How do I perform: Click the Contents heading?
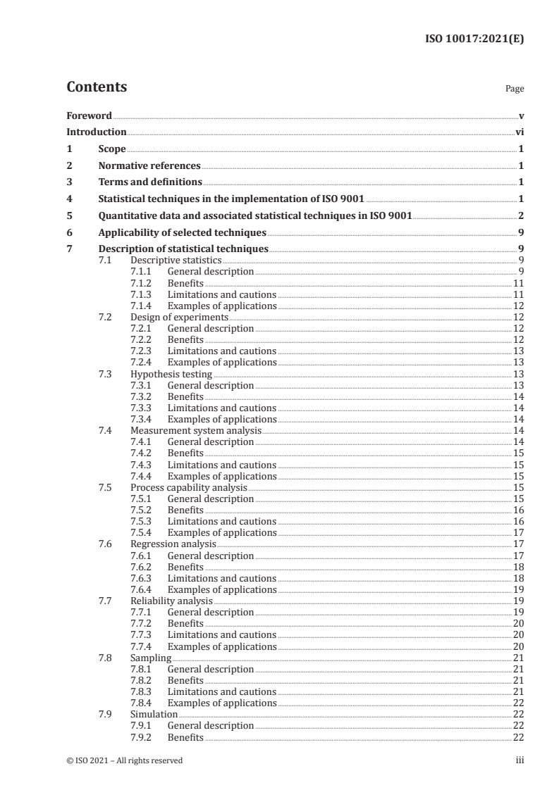(97, 87)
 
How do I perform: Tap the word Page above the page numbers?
(515, 89)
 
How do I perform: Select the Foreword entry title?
(89, 115)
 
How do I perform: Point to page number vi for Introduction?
(519, 132)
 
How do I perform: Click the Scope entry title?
(112, 149)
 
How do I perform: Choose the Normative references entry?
(149, 166)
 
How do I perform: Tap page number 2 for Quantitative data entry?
(520, 215)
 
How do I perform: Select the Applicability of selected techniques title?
(183, 232)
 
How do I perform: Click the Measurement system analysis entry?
(196, 430)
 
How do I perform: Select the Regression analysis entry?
(173, 544)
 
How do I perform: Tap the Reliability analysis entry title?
(171, 601)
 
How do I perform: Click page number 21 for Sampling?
(517, 658)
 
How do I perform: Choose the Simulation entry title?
(154, 714)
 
